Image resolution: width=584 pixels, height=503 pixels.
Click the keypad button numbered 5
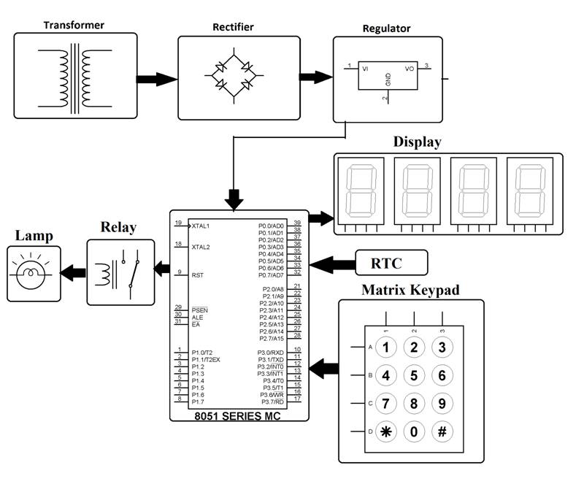[x=414, y=375]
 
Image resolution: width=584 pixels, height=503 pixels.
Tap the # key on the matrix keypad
[x=442, y=431]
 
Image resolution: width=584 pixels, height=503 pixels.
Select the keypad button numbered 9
[x=442, y=403]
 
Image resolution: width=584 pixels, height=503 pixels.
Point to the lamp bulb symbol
[x=29, y=274]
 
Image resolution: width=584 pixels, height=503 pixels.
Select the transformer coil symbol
[x=75, y=77]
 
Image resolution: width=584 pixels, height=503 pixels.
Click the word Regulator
[x=386, y=29]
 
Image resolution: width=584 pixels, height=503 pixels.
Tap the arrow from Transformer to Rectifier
[x=157, y=78]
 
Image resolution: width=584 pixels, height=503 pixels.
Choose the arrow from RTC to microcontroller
[x=331, y=262]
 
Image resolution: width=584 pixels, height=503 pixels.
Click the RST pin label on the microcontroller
[x=197, y=275]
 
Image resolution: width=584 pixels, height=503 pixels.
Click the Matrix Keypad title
[x=410, y=290]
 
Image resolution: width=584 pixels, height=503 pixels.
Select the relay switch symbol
[x=128, y=272]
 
